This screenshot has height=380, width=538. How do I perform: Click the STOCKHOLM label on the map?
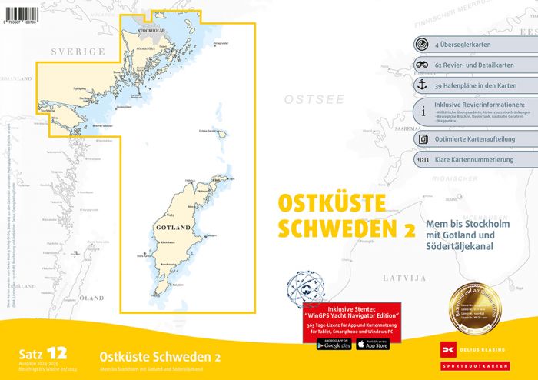click(151, 31)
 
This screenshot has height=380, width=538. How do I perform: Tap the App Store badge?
click(373, 344)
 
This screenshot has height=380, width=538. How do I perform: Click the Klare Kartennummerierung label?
click(476, 160)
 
